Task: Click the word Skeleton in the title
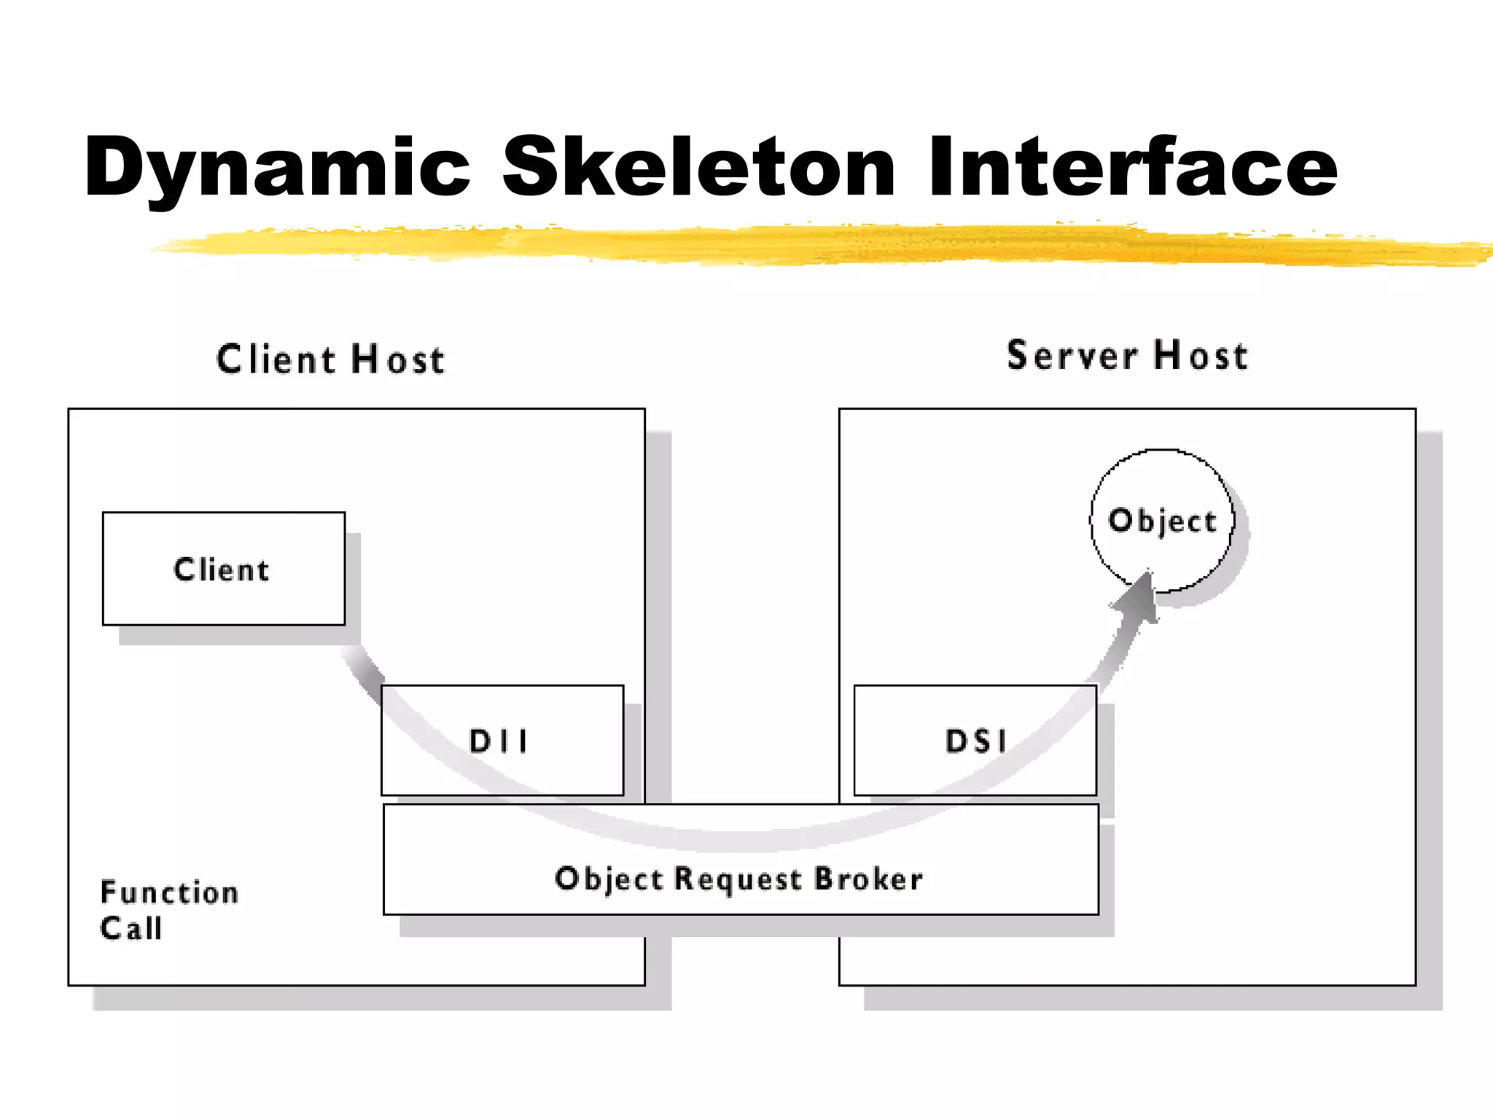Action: point(698,168)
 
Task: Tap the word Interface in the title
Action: point(1132,168)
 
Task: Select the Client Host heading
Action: point(330,359)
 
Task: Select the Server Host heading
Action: point(1127,356)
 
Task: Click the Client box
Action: point(223,569)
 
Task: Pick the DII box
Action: point(502,740)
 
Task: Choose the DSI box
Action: point(975,740)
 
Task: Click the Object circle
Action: point(1162,521)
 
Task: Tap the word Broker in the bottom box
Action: point(868,879)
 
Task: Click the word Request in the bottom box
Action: point(738,879)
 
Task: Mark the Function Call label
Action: point(168,910)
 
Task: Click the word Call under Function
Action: point(131,929)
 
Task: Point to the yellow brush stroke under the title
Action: point(802,244)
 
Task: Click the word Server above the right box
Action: point(1072,356)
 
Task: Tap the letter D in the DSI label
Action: point(956,741)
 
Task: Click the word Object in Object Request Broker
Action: point(609,879)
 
